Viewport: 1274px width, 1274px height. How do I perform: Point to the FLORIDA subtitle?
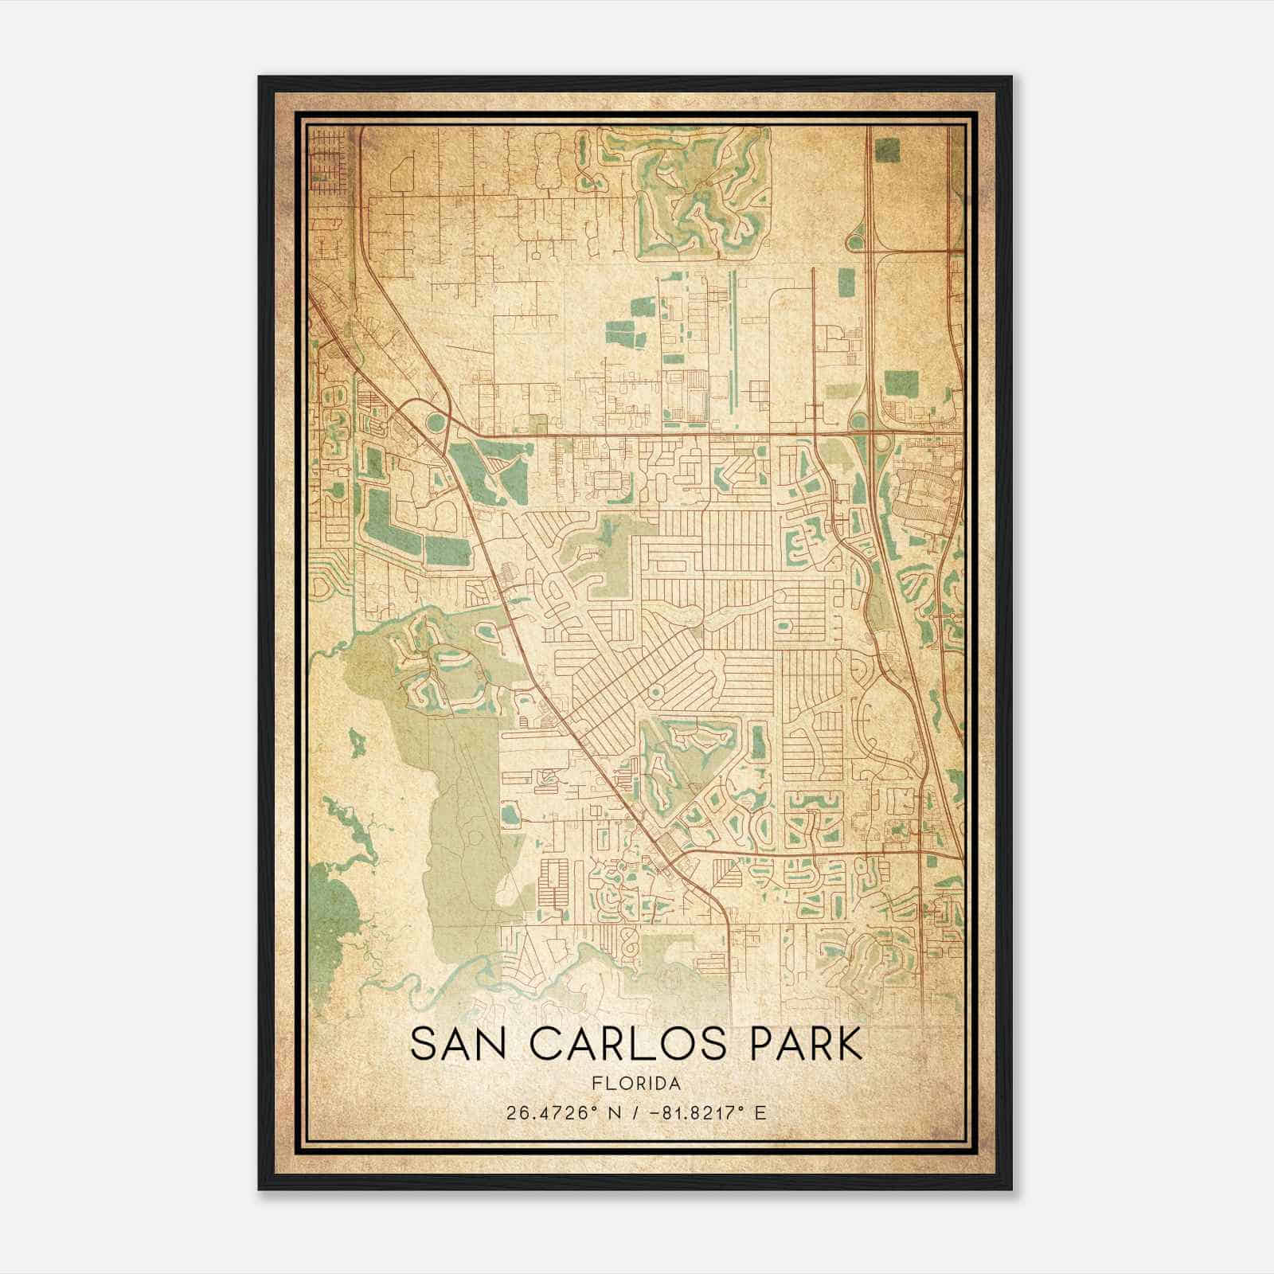coord(635,1084)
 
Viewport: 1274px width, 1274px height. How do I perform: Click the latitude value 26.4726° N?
coord(561,1112)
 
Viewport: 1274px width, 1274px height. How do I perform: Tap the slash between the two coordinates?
coord(634,1112)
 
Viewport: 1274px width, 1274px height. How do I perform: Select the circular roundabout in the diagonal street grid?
coord(655,694)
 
